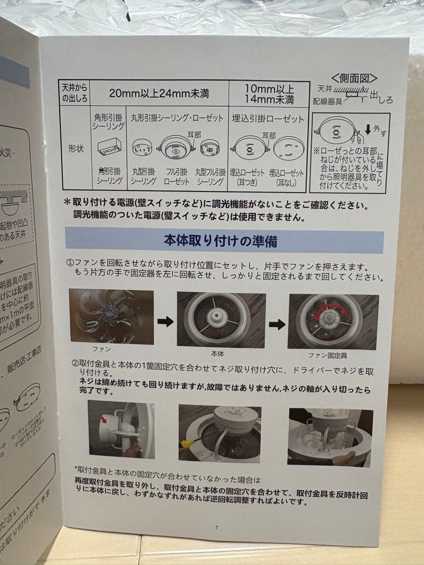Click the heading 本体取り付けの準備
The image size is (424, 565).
[220, 241]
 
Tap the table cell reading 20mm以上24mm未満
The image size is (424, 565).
[159, 94]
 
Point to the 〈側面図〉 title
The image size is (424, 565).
[354, 78]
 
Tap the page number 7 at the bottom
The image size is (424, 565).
[216, 527]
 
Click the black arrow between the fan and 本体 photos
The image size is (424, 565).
[165, 321]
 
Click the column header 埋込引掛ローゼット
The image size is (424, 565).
[268, 119]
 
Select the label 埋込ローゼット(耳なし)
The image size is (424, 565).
[286, 176]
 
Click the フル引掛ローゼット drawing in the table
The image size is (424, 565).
[176, 148]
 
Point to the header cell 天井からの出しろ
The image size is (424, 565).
[75, 93]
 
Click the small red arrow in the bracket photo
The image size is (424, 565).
[104, 419]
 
